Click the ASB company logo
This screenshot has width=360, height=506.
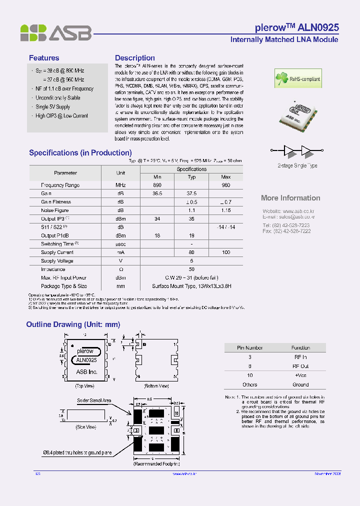click(x=55, y=33)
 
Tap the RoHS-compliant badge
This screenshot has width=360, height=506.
click(x=298, y=79)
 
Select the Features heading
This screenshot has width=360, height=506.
click(x=44, y=58)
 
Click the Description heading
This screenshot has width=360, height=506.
click(x=135, y=58)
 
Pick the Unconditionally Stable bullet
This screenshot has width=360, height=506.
click(x=58, y=98)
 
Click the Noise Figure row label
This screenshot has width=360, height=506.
click(x=55, y=210)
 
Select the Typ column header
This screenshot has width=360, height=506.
click(x=191, y=177)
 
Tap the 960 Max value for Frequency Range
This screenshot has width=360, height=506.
click(x=225, y=185)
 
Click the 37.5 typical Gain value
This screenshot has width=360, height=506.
click(x=191, y=193)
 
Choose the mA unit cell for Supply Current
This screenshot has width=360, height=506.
click(x=120, y=252)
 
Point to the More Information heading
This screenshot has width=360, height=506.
click(x=290, y=198)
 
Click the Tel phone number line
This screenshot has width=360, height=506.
click(x=286, y=225)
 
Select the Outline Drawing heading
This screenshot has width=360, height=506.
click(x=73, y=324)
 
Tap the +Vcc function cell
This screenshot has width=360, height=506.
click(x=300, y=375)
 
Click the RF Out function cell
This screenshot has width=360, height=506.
click(x=300, y=366)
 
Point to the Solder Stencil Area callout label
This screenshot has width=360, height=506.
click(x=94, y=400)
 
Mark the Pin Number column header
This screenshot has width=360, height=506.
click(x=249, y=348)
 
